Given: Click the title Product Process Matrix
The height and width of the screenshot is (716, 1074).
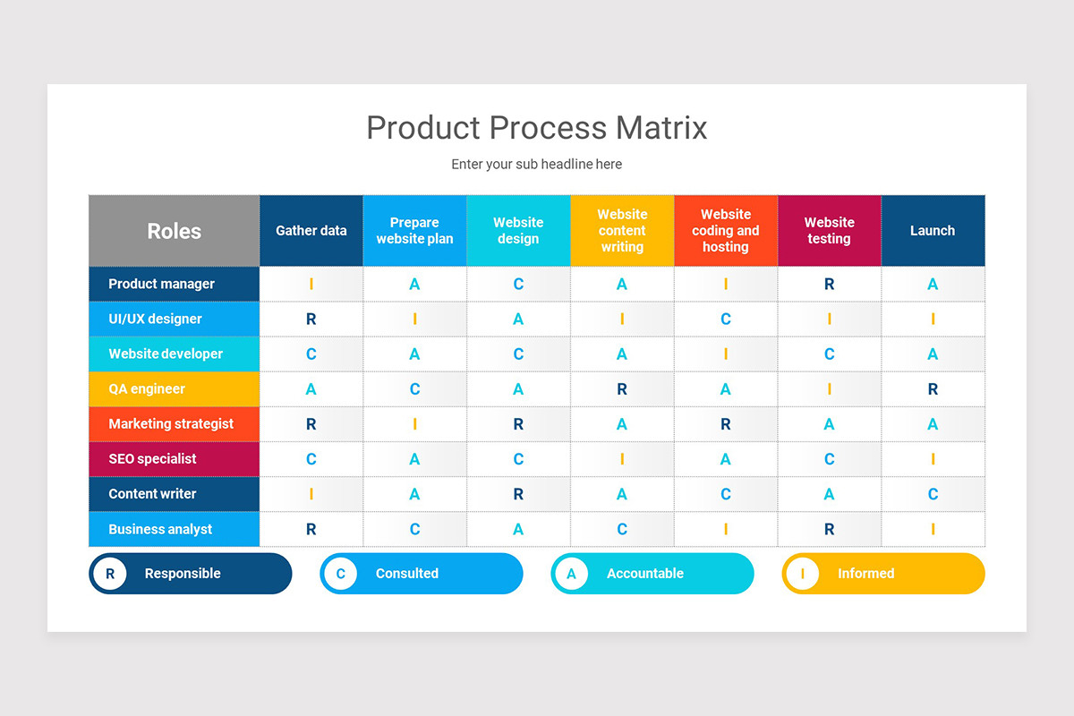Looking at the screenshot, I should [536, 127].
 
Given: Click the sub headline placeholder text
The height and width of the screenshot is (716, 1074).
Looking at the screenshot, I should [536, 165].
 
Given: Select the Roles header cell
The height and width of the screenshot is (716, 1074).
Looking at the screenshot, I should [174, 231].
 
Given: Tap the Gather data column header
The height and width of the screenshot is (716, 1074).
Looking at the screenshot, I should [311, 231].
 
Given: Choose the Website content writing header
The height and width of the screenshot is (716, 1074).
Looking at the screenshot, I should [622, 231].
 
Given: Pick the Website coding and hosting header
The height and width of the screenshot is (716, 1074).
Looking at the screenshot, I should [725, 231].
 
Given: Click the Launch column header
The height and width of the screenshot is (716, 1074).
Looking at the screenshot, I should [933, 231].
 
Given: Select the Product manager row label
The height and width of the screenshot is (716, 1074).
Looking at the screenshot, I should [162, 284].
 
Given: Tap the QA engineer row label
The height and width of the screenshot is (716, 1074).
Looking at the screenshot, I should [147, 389].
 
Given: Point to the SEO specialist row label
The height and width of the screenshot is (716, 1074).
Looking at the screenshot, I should [152, 459].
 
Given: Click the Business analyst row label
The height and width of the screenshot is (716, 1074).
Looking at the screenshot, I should [160, 529].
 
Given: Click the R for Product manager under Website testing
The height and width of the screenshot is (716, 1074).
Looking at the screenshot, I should [829, 285].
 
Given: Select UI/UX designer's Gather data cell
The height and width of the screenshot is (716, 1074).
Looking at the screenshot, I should [311, 320].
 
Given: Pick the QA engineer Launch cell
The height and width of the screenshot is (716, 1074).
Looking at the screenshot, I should [933, 389].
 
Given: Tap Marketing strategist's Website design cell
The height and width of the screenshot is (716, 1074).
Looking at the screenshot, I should [518, 424].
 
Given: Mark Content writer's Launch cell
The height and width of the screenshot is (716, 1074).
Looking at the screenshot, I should [933, 494].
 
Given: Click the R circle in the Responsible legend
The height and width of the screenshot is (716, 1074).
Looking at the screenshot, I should [110, 574].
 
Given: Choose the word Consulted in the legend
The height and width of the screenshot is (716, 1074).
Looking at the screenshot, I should [407, 574].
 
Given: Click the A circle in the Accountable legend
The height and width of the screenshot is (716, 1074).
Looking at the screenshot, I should [571, 574].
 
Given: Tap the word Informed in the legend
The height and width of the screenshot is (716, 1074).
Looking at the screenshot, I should [865, 574].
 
